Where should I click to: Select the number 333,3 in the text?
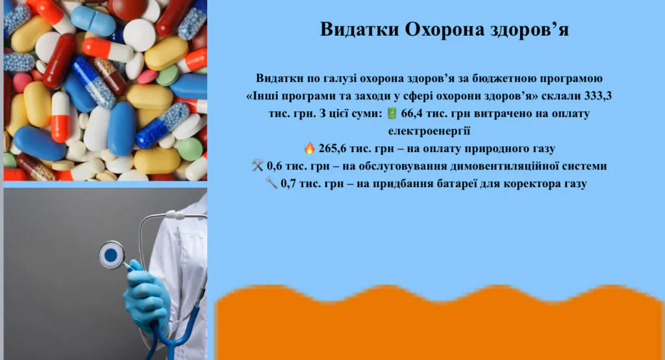click(x=598, y=96)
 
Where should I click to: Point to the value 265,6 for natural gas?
click(x=334, y=148)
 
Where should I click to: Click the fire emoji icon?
click(x=309, y=148)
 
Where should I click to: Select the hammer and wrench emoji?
click(x=257, y=166)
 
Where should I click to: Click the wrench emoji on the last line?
click(x=271, y=185)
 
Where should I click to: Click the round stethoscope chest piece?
click(x=112, y=255)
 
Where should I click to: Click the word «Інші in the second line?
click(x=264, y=96)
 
